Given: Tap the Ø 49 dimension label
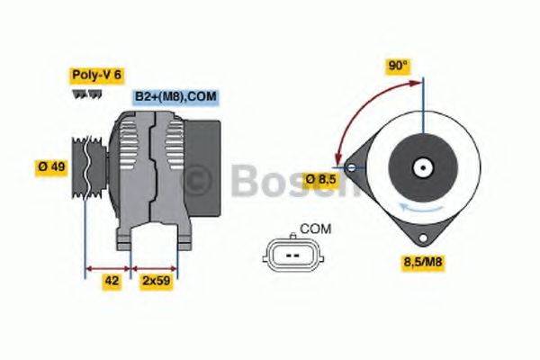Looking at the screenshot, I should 52,166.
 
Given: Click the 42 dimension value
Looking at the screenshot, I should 112,281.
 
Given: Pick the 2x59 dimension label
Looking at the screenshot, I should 155,281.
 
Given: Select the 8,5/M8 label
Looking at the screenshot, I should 421,263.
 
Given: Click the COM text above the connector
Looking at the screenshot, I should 314,229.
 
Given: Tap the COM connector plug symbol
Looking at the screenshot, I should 290,256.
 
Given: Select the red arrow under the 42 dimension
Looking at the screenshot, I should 108,267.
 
